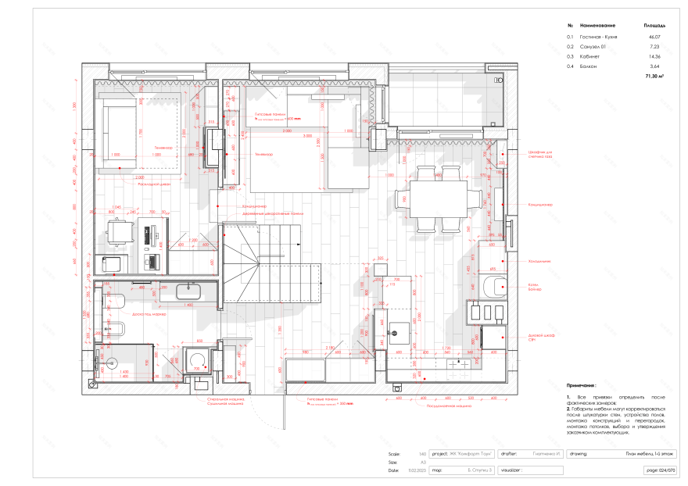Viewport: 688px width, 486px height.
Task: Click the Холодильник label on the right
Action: coord(539,261)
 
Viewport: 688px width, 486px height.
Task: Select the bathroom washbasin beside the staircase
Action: coord(190,291)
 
